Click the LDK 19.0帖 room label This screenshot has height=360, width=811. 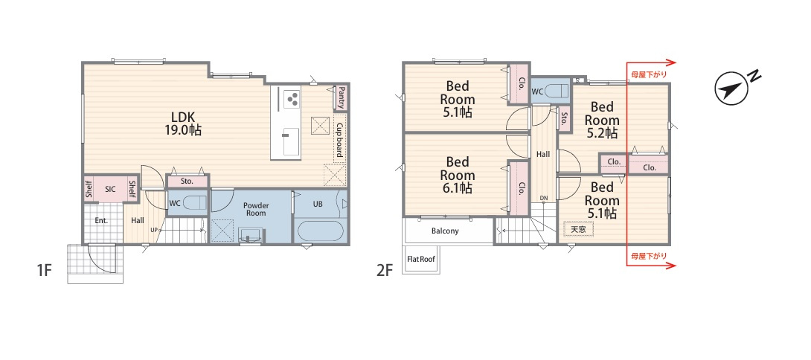(x=179, y=123)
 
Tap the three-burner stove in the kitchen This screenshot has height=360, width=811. (x=291, y=98)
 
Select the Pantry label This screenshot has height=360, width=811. (x=342, y=97)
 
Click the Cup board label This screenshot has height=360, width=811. (x=340, y=140)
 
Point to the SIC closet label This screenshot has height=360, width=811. (x=110, y=190)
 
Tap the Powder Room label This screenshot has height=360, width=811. (x=256, y=209)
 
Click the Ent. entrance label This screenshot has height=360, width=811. (x=101, y=220)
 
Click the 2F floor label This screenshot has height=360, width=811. (x=385, y=270)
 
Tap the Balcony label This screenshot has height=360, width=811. (x=445, y=231)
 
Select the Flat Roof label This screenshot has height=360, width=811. (x=420, y=259)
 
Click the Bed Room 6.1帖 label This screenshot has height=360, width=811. (x=458, y=175)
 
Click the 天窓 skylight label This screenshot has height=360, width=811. (x=578, y=228)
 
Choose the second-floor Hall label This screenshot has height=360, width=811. (x=543, y=154)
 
